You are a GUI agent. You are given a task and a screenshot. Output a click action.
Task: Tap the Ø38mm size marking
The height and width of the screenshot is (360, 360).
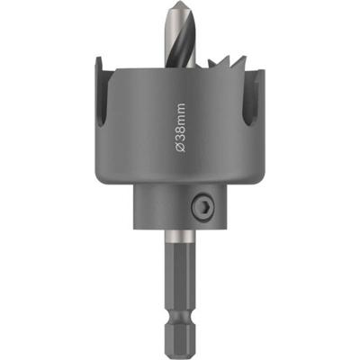(x=180, y=128)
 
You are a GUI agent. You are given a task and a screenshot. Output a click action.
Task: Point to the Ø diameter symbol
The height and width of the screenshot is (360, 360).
(x=180, y=147)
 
